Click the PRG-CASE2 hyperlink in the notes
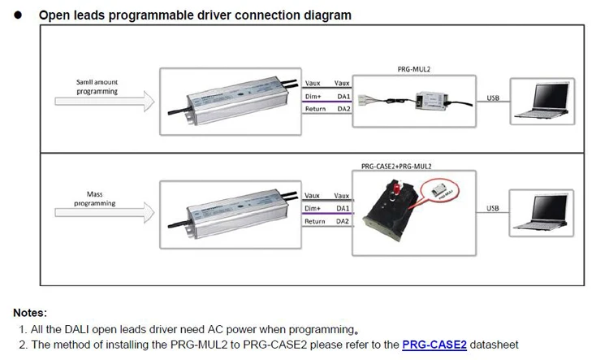pyautogui.click(x=434, y=345)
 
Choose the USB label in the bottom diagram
pyautogui.click(x=493, y=209)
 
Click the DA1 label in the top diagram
pyautogui.click(x=343, y=95)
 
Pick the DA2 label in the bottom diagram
pyautogui.click(x=343, y=221)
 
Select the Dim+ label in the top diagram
pyautogui.click(x=313, y=95)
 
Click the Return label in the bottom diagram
pyautogui.click(x=314, y=221)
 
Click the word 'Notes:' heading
pyautogui.click(x=30, y=313)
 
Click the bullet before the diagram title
pyautogui.click(x=17, y=15)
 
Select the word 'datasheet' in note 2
pyautogui.click(x=494, y=345)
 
